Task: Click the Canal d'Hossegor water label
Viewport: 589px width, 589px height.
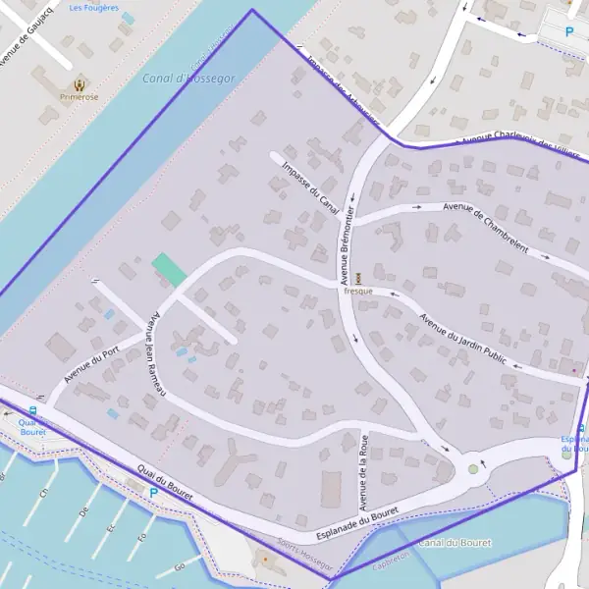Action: click(x=188, y=78)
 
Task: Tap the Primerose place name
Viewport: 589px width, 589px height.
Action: click(x=78, y=97)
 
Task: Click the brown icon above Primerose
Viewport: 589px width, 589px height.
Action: click(x=78, y=84)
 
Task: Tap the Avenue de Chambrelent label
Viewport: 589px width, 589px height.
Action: click(x=486, y=227)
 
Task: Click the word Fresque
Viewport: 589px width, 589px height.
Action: click(x=357, y=292)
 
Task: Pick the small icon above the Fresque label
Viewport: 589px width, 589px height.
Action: click(x=357, y=278)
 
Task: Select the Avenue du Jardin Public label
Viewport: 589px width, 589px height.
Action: click(x=462, y=339)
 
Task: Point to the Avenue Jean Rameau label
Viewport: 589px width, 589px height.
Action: click(x=155, y=354)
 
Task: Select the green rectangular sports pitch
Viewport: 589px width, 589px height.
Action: click(x=169, y=270)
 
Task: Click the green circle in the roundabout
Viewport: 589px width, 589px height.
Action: click(x=474, y=469)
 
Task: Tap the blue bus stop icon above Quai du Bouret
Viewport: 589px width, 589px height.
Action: click(x=33, y=411)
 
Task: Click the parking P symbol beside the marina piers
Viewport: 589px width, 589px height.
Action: click(x=152, y=492)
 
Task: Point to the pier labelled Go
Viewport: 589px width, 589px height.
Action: click(x=180, y=567)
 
